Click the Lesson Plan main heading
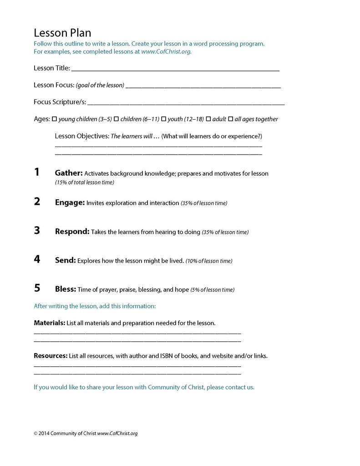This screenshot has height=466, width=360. [62, 33]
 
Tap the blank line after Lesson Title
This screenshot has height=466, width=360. [175, 70]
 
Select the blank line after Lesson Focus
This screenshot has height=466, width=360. [203, 86]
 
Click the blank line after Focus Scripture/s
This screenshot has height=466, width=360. [186, 103]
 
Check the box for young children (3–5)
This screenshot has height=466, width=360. [55, 119]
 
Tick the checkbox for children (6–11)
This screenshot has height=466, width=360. [116, 119]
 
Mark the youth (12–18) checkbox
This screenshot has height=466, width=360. [164, 119]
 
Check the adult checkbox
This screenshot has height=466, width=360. [208, 119]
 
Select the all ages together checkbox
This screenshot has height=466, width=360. [230, 119]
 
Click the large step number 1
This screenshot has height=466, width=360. [37, 172]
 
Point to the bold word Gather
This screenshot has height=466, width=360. [69, 173]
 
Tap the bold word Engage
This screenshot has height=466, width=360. [70, 203]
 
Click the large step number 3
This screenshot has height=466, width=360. [37, 231]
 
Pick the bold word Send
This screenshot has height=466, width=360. [65, 260]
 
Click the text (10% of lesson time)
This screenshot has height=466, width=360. [209, 261]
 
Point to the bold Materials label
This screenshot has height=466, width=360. [50, 323]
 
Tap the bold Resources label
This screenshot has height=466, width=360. [51, 356]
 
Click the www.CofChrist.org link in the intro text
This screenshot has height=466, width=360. [166, 51]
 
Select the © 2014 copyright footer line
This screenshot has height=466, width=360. [86, 433]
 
